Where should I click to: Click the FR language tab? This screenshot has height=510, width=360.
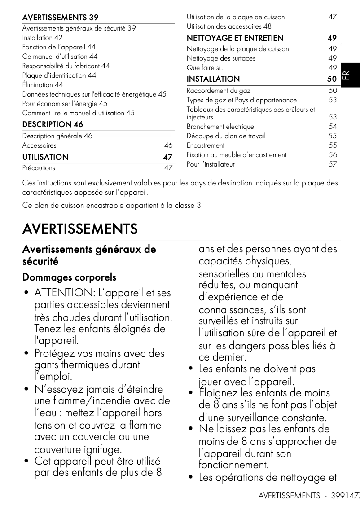pos(350,75)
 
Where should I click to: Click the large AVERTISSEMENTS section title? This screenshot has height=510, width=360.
pos(80,229)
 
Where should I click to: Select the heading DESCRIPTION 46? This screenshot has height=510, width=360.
pos(53,124)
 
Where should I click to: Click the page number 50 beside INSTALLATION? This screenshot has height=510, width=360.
pos(332,79)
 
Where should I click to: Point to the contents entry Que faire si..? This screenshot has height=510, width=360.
pos(206,68)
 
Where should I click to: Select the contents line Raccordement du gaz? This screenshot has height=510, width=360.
pos(219,91)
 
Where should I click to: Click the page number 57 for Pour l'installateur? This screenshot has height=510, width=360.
pos(333,164)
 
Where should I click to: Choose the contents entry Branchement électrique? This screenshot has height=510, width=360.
pos(220,127)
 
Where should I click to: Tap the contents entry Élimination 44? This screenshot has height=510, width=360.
pos(43,84)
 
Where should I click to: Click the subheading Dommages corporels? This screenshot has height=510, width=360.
pos(69,277)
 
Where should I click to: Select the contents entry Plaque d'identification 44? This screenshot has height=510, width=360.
pos(59,75)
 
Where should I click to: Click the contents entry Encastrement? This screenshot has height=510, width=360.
pos(206,145)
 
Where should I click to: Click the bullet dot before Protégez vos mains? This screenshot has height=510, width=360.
pos(27,353)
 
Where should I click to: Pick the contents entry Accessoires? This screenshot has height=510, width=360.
pos(40,145)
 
